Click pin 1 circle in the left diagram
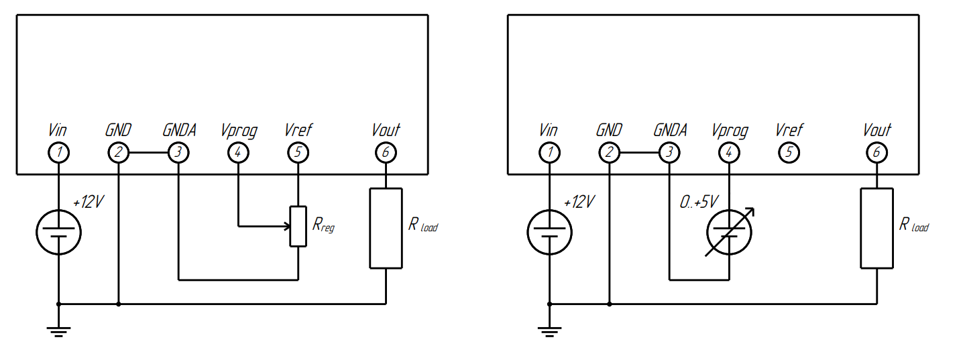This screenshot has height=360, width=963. (58, 153)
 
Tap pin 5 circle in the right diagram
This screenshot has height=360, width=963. (789, 153)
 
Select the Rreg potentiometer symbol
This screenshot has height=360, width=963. (298, 227)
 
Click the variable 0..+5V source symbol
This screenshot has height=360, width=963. (730, 232)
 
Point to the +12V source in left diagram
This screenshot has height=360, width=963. (58, 232)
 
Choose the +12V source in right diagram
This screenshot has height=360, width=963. (550, 232)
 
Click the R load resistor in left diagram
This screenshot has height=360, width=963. (386, 228)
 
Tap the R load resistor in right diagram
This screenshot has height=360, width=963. (876, 228)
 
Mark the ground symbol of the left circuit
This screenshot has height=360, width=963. (58, 330)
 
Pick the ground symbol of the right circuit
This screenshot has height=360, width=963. (550, 330)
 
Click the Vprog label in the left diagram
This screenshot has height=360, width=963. (238, 129)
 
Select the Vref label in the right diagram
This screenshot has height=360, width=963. (789, 129)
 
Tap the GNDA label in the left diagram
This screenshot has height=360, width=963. (179, 129)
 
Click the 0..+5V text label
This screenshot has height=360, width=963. (698, 202)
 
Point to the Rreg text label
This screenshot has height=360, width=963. (323, 225)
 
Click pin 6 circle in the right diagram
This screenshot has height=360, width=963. (876, 153)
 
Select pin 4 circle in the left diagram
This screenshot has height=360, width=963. (238, 153)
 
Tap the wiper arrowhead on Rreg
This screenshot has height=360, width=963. (286, 227)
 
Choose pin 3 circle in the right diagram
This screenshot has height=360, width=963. (669, 153)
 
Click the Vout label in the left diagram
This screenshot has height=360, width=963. (386, 129)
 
